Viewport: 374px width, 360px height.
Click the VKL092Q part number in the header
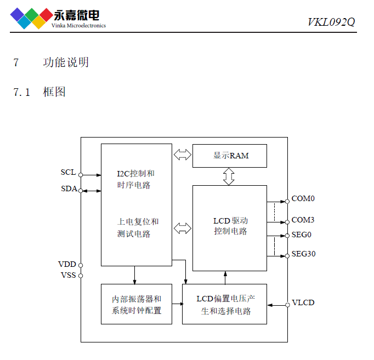pos(331,22)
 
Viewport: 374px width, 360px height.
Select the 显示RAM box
pos(229,156)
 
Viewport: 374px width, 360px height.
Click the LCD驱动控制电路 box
pos(229,226)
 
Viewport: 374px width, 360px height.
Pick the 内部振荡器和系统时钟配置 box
pos(136,304)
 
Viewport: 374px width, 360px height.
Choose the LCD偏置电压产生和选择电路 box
pos(224,304)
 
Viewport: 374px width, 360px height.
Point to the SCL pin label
pos(68,173)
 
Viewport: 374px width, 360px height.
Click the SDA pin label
pos(68,189)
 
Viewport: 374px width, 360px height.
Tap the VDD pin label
pos(67,265)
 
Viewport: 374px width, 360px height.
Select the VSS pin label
pos(68,275)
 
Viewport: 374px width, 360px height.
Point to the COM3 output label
pos(303,220)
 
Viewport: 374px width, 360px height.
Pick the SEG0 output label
pos(301,235)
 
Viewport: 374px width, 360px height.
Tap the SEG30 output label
pos(303,254)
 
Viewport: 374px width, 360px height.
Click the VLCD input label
pos(303,302)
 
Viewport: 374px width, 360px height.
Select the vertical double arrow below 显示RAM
pos(229,176)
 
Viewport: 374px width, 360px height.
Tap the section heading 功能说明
pos(66,62)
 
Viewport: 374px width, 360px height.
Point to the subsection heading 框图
pos(54,92)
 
